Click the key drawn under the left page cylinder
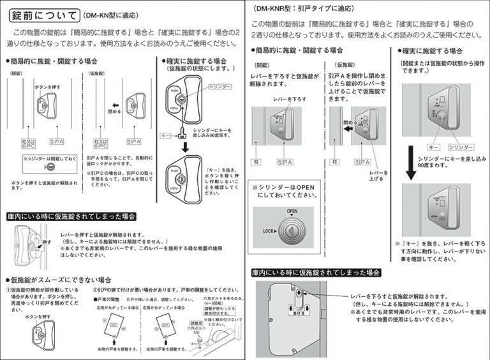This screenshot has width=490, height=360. pyautogui.click(x=181, y=134)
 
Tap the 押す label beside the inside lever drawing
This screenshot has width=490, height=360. pyautogui.click(x=47, y=243)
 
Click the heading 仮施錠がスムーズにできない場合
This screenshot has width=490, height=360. pyautogui.click(x=61, y=280)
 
